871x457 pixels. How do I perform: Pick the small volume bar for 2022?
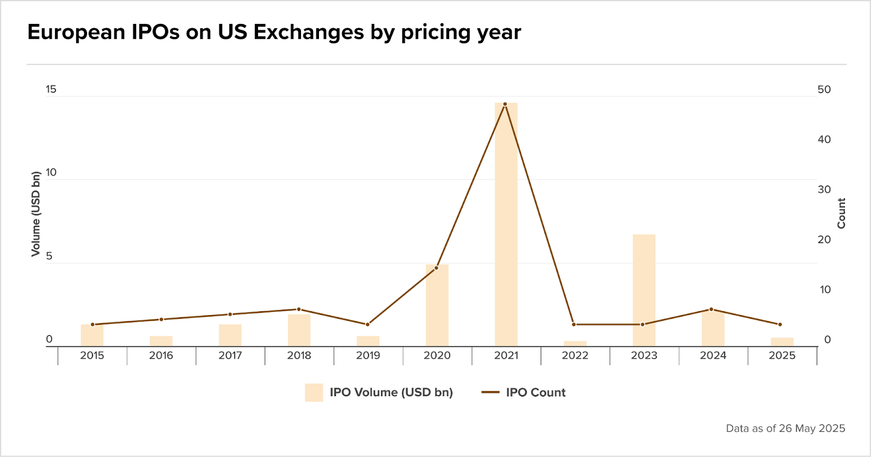pyautogui.click(x=575, y=343)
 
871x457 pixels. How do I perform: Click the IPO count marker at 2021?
pyautogui.click(x=505, y=104)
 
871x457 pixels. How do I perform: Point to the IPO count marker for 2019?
pyautogui.click(x=367, y=324)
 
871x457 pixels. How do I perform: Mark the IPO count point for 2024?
pyautogui.click(x=711, y=309)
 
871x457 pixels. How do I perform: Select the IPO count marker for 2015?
pyautogui.click(x=93, y=324)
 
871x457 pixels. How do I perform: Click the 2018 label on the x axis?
pyautogui.click(x=299, y=355)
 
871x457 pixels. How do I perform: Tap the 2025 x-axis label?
pyautogui.click(x=782, y=355)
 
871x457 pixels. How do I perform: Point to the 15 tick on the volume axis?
pyautogui.click(x=51, y=89)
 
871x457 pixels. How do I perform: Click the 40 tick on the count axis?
pyautogui.click(x=824, y=139)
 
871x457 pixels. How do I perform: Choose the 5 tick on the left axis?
pyautogui.click(x=50, y=256)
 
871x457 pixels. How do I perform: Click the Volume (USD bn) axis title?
pyautogui.click(x=36, y=214)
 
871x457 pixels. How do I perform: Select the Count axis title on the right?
pyautogui.click(x=842, y=213)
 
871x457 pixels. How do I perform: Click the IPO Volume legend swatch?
pyautogui.click(x=314, y=392)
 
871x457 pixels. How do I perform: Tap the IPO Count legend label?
pyautogui.click(x=536, y=392)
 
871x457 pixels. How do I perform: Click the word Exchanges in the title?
pyautogui.click(x=309, y=32)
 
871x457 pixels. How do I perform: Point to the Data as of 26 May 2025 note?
pyautogui.click(x=785, y=428)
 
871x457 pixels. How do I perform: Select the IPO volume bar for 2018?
pyautogui.click(x=299, y=330)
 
